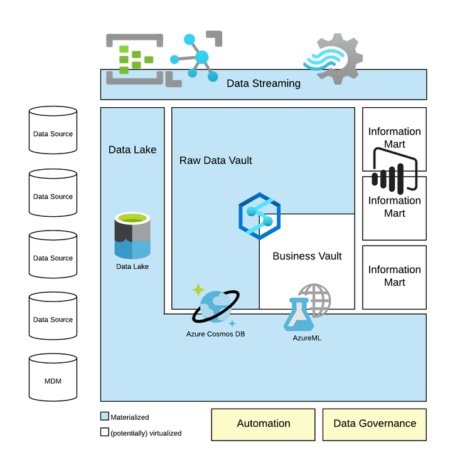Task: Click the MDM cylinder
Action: [x=53, y=378]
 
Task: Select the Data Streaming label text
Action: [x=263, y=83]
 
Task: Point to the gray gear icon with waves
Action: [x=333, y=60]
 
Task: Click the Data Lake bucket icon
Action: [x=132, y=236]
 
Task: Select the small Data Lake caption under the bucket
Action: [x=132, y=266]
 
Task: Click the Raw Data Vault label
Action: [x=215, y=160]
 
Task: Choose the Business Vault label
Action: [x=307, y=256]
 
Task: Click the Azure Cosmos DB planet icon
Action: [x=215, y=306]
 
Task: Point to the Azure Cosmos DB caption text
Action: [x=215, y=334]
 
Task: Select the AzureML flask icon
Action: [x=299, y=315]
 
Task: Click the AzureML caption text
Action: [x=307, y=338]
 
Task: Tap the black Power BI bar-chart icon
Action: [x=394, y=170]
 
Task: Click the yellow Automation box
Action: [x=263, y=424]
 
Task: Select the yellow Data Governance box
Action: [x=374, y=424]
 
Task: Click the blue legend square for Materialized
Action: [x=105, y=417]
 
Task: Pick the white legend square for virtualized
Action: [x=105, y=432]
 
